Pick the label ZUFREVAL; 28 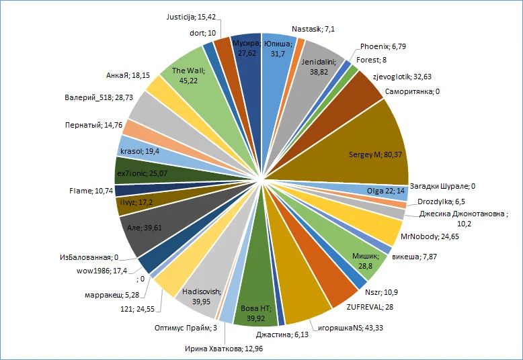click(x=371, y=307)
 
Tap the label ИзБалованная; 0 click(x=84, y=257)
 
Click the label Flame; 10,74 click(x=91, y=191)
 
